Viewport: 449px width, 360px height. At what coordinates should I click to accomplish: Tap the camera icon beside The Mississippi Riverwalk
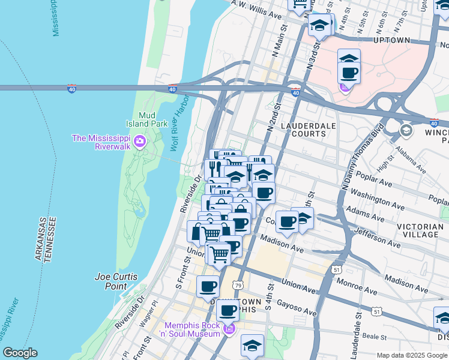tap(140, 142)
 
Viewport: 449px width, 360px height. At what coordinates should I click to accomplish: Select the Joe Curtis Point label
tap(116, 281)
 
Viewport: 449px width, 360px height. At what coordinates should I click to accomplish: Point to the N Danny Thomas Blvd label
tap(361, 158)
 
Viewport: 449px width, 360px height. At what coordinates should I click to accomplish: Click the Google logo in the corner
tap(20, 353)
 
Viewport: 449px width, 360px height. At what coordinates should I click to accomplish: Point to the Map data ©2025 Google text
tap(412, 355)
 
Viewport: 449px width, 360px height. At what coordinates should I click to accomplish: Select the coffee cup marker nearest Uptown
tap(348, 74)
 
